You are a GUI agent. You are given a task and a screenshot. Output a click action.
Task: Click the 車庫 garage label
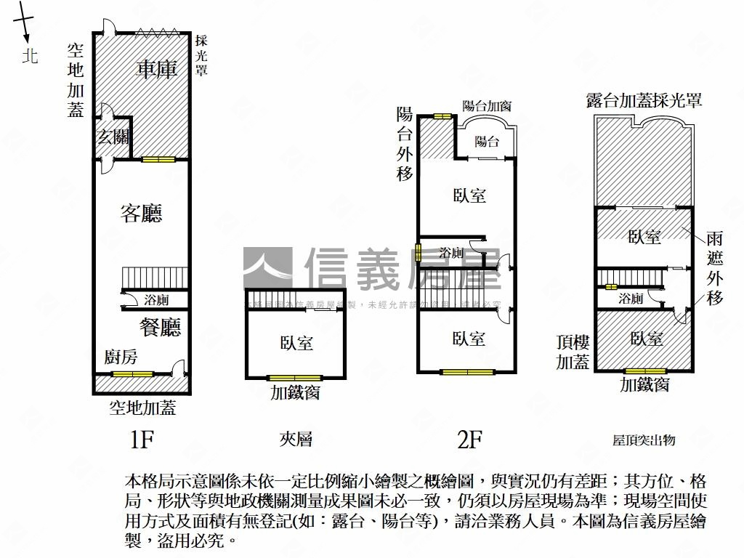pyautogui.click(x=157, y=70)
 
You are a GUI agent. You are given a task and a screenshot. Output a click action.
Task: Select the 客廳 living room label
pyautogui.click(x=141, y=213)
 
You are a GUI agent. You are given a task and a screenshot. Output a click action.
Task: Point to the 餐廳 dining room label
pyautogui.click(x=160, y=327)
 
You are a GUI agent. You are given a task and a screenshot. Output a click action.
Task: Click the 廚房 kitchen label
pyautogui.click(x=121, y=357)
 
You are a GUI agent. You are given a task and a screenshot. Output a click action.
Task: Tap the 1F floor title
pyautogui.click(x=142, y=439)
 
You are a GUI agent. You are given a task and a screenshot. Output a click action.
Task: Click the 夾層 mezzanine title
pyautogui.click(x=296, y=439)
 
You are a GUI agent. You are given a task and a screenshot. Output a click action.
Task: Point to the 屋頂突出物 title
pyautogui.click(x=644, y=440)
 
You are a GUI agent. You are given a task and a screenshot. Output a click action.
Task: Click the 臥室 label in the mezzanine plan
pyautogui.click(x=296, y=342)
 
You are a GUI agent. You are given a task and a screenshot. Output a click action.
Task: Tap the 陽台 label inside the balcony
pyautogui.click(x=487, y=142)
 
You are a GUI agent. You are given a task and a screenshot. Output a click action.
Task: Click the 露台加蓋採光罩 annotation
pyautogui.click(x=644, y=100)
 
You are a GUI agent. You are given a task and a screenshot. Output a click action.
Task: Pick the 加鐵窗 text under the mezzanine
pyautogui.click(x=296, y=393)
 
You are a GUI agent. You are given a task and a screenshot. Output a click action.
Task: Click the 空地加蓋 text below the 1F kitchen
pyautogui.click(x=142, y=408)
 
